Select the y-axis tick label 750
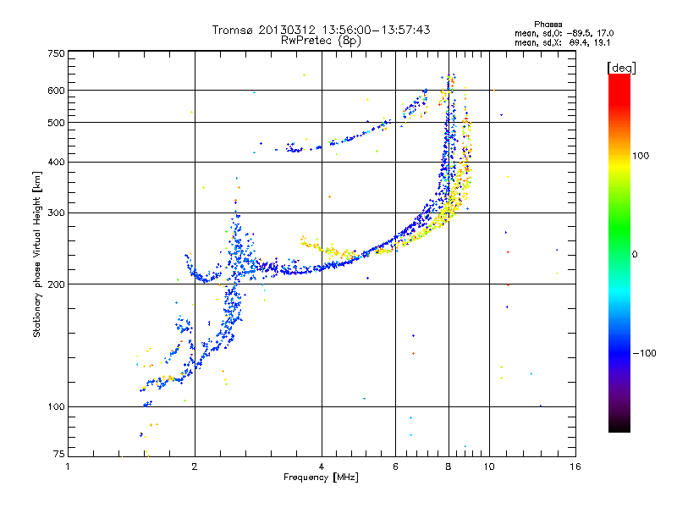coord(56,53)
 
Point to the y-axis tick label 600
coord(56,91)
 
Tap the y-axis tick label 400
coord(56,162)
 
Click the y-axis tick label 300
coord(56,213)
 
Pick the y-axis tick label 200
coord(56,284)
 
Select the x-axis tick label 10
coord(489,467)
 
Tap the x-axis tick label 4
coord(322,467)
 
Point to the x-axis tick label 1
coord(69,467)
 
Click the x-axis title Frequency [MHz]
coord(322,478)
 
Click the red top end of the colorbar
coord(619,79)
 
